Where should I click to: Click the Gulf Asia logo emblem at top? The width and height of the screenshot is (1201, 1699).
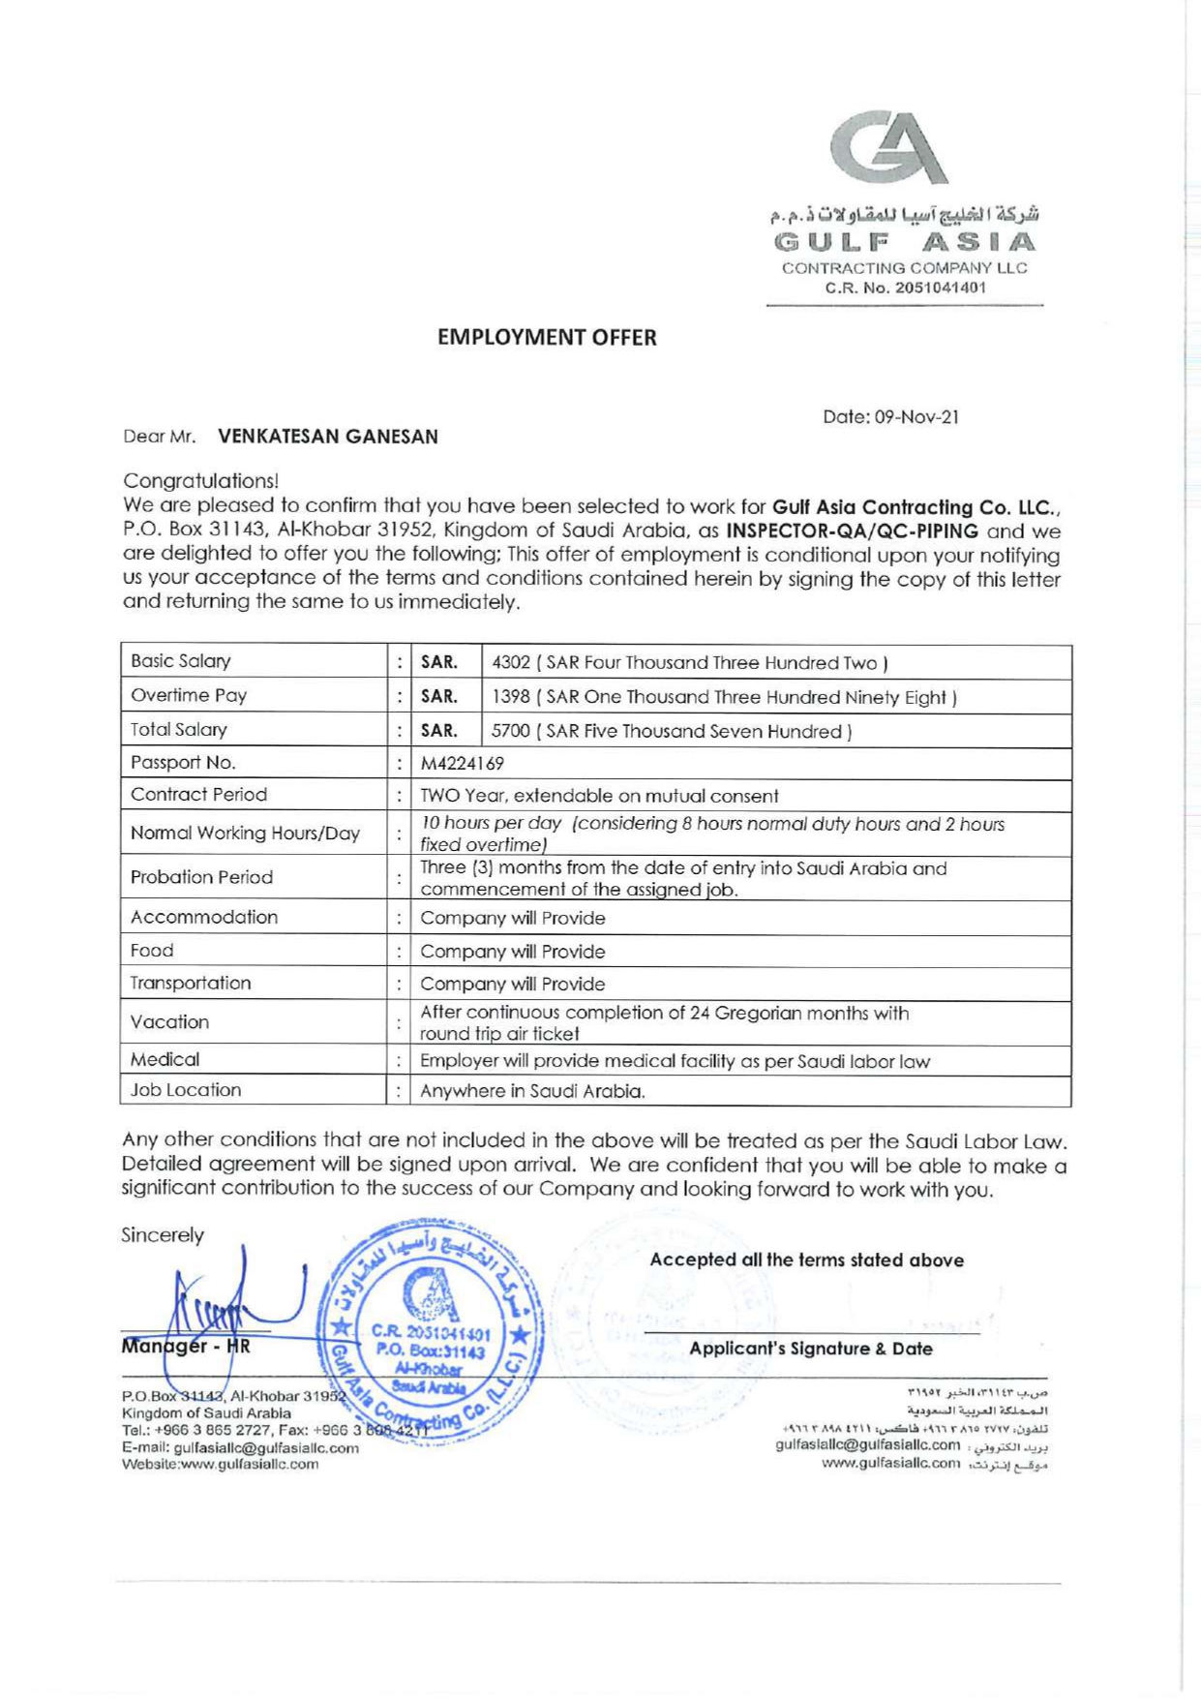(x=889, y=146)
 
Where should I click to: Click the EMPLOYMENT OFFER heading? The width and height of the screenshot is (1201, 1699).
(x=547, y=338)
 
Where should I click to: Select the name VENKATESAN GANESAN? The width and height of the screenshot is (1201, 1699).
(x=328, y=437)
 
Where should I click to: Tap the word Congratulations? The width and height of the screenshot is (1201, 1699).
(x=201, y=481)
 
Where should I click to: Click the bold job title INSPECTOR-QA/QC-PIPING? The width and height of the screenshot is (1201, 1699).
(x=853, y=531)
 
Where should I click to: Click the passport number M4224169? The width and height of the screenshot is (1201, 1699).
(x=462, y=763)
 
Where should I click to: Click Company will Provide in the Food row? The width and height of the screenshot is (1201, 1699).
(x=512, y=952)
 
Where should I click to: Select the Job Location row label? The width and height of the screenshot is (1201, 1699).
(x=186, y=1090)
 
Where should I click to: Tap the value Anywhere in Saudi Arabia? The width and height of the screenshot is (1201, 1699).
(x=532, y=1091)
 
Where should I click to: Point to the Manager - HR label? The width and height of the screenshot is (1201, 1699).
(x=186, y=1346)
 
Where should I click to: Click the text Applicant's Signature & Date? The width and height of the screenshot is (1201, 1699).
(x=810, y=1349)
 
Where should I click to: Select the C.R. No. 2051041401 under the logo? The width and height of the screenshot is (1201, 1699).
(x=905, y=288)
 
